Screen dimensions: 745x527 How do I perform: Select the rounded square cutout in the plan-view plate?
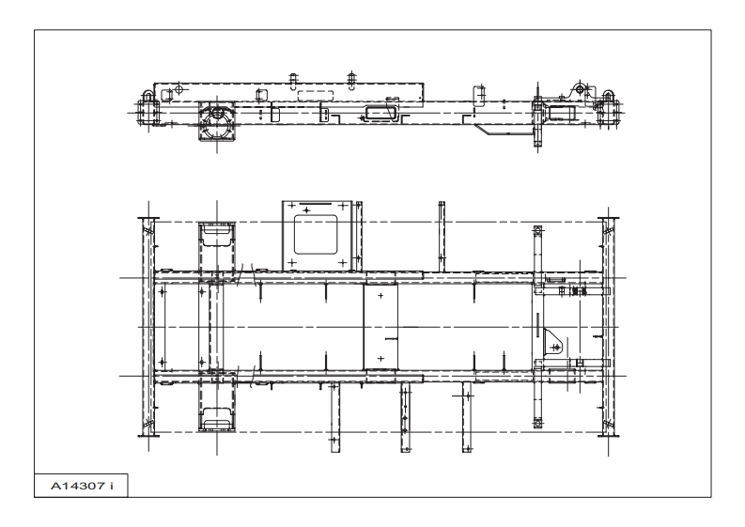point(318,232)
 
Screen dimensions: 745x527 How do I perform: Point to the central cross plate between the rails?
point(380,326)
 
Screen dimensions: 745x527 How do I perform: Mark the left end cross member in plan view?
point(147,326)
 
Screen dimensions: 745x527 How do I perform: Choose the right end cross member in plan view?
point(606,326)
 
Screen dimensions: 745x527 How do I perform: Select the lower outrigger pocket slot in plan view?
point(218,418)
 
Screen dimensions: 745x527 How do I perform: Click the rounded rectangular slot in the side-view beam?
point(379,112)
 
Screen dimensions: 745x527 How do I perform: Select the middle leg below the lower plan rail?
point(406,418)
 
